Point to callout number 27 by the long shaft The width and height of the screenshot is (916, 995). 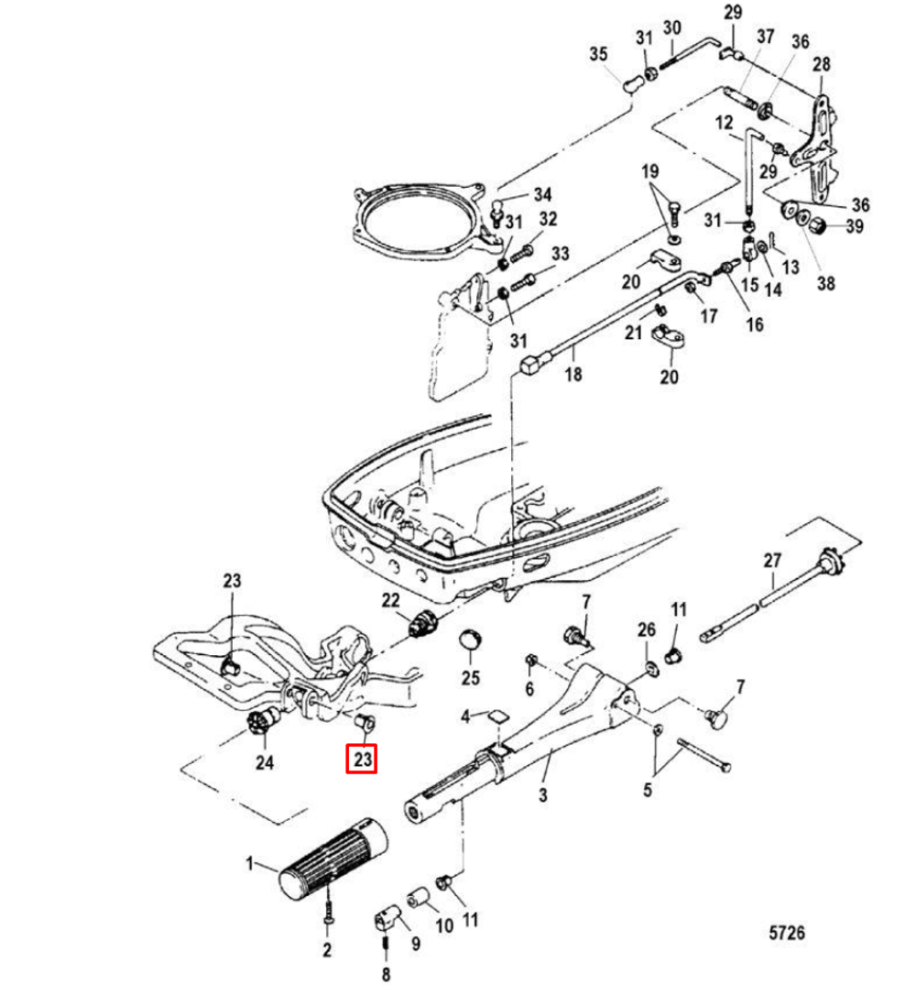tap(772, 560)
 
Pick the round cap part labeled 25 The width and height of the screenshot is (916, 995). tap(470, 639)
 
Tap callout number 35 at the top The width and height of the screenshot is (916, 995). tap(598, 55)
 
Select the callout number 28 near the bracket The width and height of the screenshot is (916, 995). tap(821, 64)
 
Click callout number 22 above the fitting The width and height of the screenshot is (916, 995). tap(391, 600)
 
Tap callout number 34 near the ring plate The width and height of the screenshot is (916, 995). tap(543, 194)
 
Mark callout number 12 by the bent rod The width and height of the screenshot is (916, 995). tap(725, 122)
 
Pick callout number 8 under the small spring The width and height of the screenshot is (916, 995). tap(385, 974)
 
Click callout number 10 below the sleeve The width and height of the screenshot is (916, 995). tap(443, 926)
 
